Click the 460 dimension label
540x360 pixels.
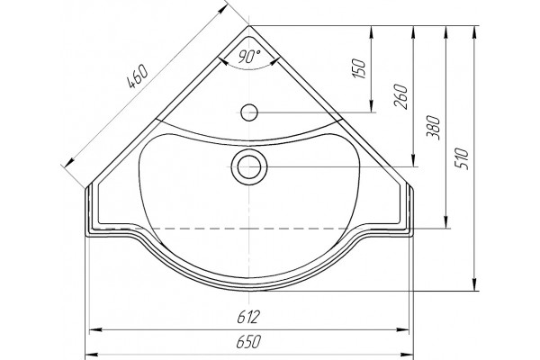[x=138, y=76]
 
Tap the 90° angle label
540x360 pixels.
[x=249, y=57]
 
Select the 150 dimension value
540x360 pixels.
[x=358, y=68]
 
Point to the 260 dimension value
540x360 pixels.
[x=401, y=96]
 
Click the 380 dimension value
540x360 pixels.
[x=434, y=128]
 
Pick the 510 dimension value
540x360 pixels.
[x=463, y=158]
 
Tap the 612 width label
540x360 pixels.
[x=248, y=317]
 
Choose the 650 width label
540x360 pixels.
[x=248, y=342]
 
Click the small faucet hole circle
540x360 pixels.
[x=249, y=112]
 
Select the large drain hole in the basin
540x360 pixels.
[x=249, y=166]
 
